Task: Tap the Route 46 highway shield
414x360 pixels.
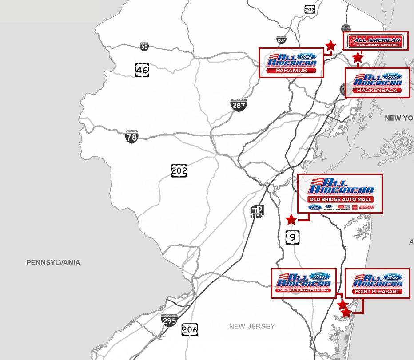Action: [x=142, y=70]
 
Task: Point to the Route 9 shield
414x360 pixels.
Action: [x=292, y=237]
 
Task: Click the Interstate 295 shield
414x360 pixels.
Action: [x=169, y=320]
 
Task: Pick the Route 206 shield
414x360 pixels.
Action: [x=190, y=330]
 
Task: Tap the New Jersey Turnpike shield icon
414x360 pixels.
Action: [x=257, y=211]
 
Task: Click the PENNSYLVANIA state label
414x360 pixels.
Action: [x=53, y=263]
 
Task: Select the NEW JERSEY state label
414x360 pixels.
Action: [x=252, y=326]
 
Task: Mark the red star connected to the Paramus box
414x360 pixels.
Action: [x=330, y=45]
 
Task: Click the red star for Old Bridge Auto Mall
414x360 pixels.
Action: [x=291, y=219]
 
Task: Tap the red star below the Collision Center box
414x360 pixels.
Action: [x=358, y=57]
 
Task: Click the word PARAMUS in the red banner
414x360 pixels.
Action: [x=291, y=71]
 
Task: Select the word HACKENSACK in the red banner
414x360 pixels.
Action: [x=377, y=91]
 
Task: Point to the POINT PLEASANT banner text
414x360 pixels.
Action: [x=377, y=292]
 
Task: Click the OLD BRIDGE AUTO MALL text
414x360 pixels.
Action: [x=340, y=200]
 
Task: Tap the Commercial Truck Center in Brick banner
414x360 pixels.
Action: [x=303, y=290]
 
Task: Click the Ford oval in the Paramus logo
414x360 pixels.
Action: [x=307, y=57]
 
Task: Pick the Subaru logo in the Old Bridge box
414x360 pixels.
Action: [x=328, y=207]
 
